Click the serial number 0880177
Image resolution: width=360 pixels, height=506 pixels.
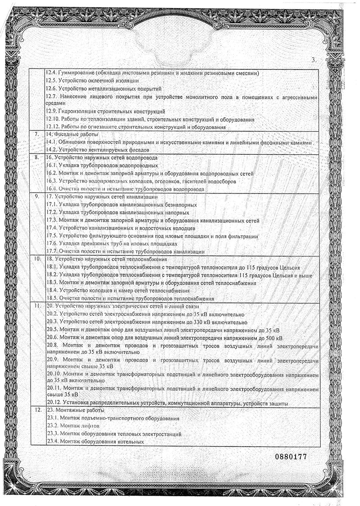[291, 456]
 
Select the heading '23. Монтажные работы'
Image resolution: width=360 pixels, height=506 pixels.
[75, 410]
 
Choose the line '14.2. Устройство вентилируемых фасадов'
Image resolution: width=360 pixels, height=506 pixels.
[98, 150]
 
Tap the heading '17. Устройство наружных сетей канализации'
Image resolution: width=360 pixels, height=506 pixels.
[102, 197]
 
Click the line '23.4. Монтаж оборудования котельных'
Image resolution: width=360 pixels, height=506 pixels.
[95, 442]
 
